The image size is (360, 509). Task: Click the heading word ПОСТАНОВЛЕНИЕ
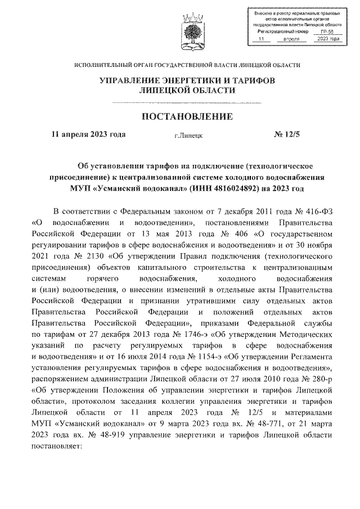click(x=186, y=116)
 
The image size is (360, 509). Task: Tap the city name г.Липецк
click(x=188, y=136)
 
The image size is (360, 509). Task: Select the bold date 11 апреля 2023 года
click(x=88, y=134)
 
